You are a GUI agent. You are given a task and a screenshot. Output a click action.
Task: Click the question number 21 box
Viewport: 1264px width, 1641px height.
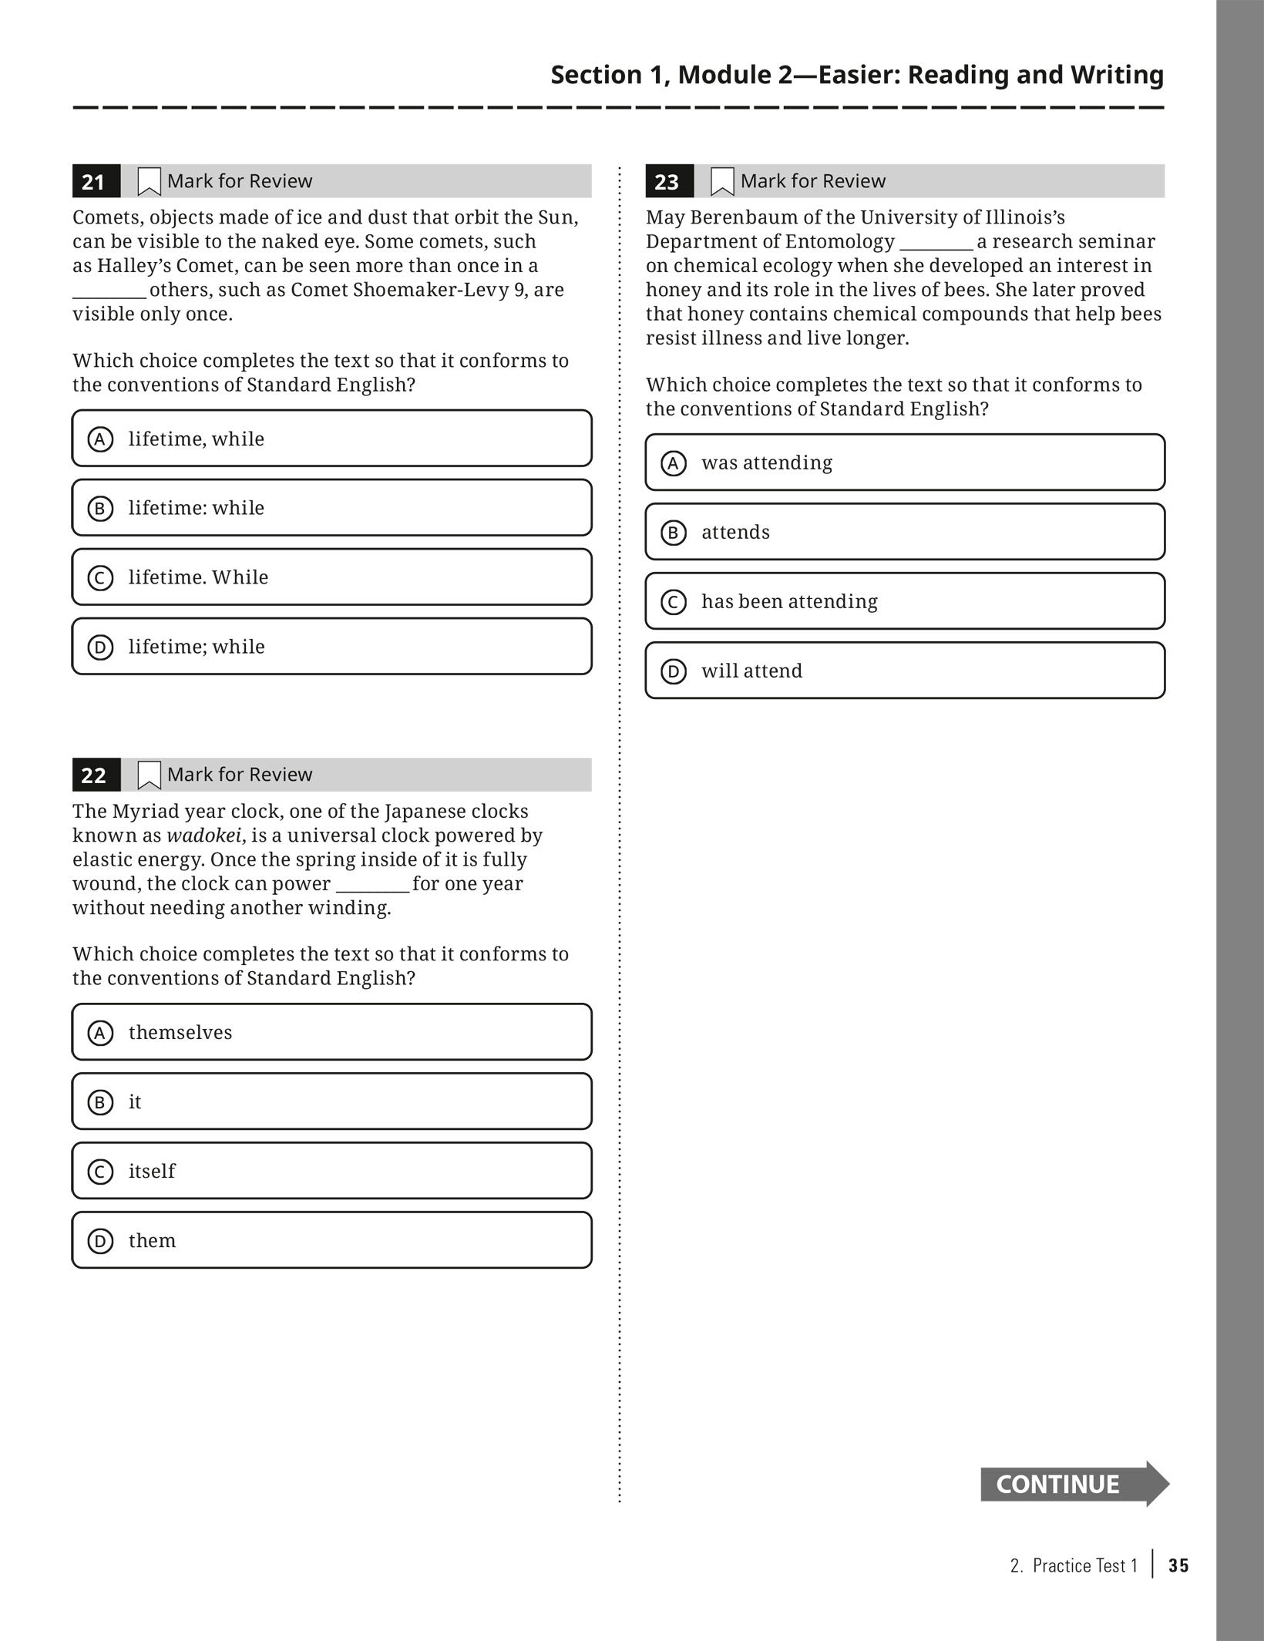tap(96, 181)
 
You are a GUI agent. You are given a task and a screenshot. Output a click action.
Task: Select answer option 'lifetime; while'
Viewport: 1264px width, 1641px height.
tap(331, 647)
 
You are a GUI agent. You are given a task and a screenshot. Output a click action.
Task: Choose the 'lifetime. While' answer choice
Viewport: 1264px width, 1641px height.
tap(331, 577)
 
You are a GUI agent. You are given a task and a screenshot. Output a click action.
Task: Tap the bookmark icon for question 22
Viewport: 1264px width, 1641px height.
tap(149, 775)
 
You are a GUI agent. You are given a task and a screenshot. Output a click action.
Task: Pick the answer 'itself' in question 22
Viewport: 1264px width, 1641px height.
tap(331, 1171)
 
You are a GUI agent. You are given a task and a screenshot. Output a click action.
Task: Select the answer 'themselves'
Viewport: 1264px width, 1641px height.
tap(331, 1032)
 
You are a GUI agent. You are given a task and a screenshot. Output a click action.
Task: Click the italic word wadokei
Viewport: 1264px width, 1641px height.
tap(203, 836)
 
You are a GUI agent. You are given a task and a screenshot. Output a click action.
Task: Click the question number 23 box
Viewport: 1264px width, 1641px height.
tap(669, 181)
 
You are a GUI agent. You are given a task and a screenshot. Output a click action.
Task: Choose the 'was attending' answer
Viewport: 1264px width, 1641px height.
tap(905, 462)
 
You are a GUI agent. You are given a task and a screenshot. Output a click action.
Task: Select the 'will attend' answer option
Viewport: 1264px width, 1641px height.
tap(905, 671)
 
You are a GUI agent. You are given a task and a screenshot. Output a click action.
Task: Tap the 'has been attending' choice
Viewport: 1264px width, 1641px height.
tap(905, 601)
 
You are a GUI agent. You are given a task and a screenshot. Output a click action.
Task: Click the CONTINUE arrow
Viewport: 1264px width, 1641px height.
tap(1074, 1484)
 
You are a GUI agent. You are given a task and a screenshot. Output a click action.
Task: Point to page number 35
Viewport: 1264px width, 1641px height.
tap(1178, 1565)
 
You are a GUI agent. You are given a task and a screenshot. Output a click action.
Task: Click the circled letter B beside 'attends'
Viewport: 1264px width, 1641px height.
tap(674, 533)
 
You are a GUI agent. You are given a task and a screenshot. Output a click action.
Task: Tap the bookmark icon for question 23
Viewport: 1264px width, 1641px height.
tap(722, 181)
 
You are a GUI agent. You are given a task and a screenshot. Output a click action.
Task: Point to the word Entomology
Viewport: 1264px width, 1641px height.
tap(840, 242)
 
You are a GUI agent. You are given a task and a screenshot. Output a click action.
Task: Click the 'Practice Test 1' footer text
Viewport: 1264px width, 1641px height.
tap(1084, 1565)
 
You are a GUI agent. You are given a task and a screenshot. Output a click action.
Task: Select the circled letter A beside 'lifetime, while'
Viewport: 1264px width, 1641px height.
tap(100, 439)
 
